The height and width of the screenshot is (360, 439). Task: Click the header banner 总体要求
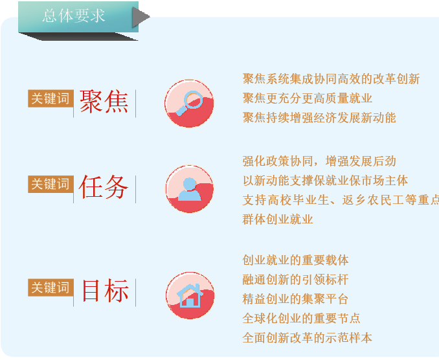click(x=78, y=17)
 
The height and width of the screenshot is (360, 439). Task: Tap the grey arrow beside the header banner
click(x=141, y=17)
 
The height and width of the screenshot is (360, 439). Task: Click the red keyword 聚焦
click(x=104, y=102)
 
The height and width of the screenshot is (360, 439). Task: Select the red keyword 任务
click(x=104, y=187)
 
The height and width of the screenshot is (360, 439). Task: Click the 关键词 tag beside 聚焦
click(x=51, y=98)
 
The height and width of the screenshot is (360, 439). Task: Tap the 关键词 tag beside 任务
click(x=51, y=184)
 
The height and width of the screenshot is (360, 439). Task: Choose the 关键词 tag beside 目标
click(x=51, y=287)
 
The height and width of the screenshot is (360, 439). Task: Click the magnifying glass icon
click(x=189, y=104)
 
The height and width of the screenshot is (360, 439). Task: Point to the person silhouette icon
click(x=190, y=189)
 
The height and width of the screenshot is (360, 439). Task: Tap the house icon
click(x=190, y=296)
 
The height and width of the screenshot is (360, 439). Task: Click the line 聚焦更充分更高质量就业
click(x=308, y=98)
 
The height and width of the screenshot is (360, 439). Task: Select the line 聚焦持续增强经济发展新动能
click(x=319, y=118)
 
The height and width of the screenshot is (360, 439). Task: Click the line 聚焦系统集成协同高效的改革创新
click(x=332, y=79)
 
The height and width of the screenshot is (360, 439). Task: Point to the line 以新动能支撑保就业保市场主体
click(x=325, y=181)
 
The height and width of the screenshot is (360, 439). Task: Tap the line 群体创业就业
click(x=278, y=219)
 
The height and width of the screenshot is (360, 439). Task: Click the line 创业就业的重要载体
click(x=296, y=260)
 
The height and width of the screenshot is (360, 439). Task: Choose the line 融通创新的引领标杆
click(x=296, y=279)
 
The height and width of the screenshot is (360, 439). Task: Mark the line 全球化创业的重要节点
click(x=302, y=319)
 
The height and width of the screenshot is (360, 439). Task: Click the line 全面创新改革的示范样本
click(x=308, y=337)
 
